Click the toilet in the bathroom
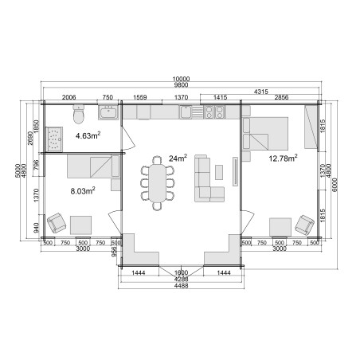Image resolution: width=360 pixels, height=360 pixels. click(x=79, y=114)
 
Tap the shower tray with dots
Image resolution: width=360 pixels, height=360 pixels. click(x=54, y=139)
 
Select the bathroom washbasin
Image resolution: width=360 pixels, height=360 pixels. click(x=108, y=112)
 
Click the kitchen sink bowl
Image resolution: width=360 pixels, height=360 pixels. click(x=186, y=112)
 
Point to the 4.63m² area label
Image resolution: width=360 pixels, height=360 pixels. click(x=88, y=135)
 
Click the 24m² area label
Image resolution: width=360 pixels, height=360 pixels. click(x=178, y=158)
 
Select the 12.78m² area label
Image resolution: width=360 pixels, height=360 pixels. click(x=283, y=158)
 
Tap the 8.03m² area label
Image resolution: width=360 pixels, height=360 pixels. click(x=83, y=191)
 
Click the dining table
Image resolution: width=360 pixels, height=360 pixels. click(x=157, y=183)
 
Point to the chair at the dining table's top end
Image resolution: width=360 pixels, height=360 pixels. click(x=157, y=160)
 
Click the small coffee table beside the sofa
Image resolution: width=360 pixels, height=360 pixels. click(x=219, y=172)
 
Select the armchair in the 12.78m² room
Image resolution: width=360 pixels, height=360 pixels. click(x=304, y=225)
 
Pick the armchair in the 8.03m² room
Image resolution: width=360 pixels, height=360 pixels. click(x=56, y=222)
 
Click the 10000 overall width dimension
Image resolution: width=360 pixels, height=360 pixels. click(x=181, y=79)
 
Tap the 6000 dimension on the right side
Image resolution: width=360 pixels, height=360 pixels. click(x=335, y=185)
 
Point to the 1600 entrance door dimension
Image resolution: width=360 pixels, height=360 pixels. click(x=182, y=272)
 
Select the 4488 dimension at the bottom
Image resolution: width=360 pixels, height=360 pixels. click(x=182, y=286)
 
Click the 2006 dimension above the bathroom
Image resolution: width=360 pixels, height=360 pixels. click(x=68, y=97)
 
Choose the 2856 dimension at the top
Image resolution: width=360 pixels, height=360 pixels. click(x=281, y=97)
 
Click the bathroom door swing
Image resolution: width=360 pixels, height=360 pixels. click(x=128, y=139)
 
